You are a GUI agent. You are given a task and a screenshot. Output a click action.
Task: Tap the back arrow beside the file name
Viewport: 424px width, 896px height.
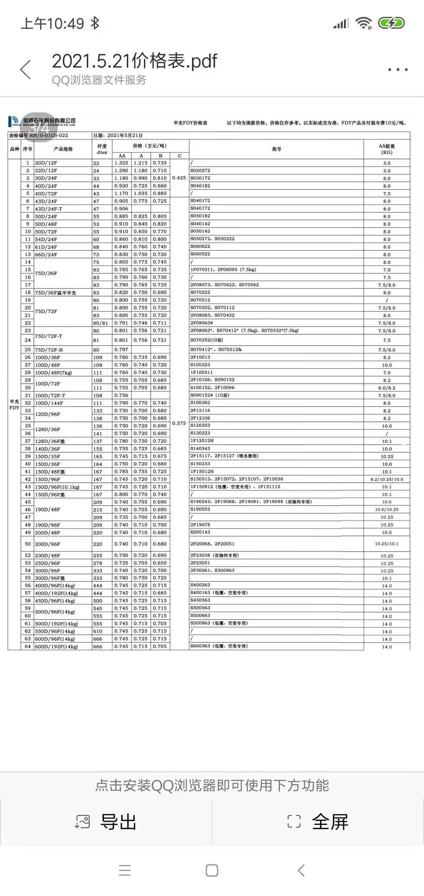26,70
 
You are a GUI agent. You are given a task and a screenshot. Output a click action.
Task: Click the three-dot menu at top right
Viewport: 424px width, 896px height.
398,70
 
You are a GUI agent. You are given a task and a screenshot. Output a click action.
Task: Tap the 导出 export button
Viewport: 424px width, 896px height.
106,822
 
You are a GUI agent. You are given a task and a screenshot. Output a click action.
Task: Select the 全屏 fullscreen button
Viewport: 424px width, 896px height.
318,822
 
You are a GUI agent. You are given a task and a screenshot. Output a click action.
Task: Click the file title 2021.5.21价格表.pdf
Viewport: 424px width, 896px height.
134,61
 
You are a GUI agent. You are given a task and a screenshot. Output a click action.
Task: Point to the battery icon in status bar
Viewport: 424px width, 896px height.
391,23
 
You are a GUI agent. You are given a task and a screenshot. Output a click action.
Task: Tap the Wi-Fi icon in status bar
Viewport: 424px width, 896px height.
364,23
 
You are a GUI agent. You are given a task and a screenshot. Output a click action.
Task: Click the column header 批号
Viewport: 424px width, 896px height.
276,149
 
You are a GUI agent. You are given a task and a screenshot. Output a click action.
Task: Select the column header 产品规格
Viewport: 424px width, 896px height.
63,149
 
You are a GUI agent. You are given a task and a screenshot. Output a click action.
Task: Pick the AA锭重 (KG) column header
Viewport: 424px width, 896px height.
387,149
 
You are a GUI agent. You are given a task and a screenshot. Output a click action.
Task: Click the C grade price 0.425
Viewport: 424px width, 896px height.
179,178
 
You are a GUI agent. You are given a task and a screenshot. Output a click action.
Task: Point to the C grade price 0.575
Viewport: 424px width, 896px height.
179,423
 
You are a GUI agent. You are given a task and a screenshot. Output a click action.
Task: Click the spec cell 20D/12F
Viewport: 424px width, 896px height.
46,163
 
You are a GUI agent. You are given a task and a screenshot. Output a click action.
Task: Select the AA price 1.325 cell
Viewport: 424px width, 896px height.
121,163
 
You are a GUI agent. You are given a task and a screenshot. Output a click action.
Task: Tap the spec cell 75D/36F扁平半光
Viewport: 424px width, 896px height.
55,293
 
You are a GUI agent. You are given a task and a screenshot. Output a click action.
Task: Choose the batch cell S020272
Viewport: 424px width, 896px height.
200,171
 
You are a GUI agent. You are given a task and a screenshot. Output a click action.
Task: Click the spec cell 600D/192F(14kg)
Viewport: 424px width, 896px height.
57,646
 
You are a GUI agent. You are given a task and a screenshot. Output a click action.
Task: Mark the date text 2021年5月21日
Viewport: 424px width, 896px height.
125,136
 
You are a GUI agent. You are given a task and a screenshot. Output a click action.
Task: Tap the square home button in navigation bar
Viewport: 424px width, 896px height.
212,870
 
